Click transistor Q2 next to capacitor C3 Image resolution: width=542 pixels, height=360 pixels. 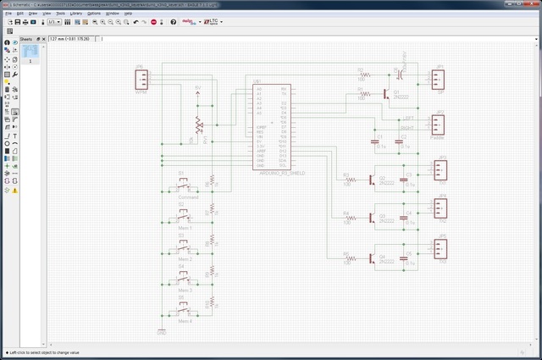tap(373, 180)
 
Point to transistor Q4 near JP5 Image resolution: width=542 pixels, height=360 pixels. tap(373, 258)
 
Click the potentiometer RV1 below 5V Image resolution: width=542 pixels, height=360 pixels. tap(199, 125)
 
